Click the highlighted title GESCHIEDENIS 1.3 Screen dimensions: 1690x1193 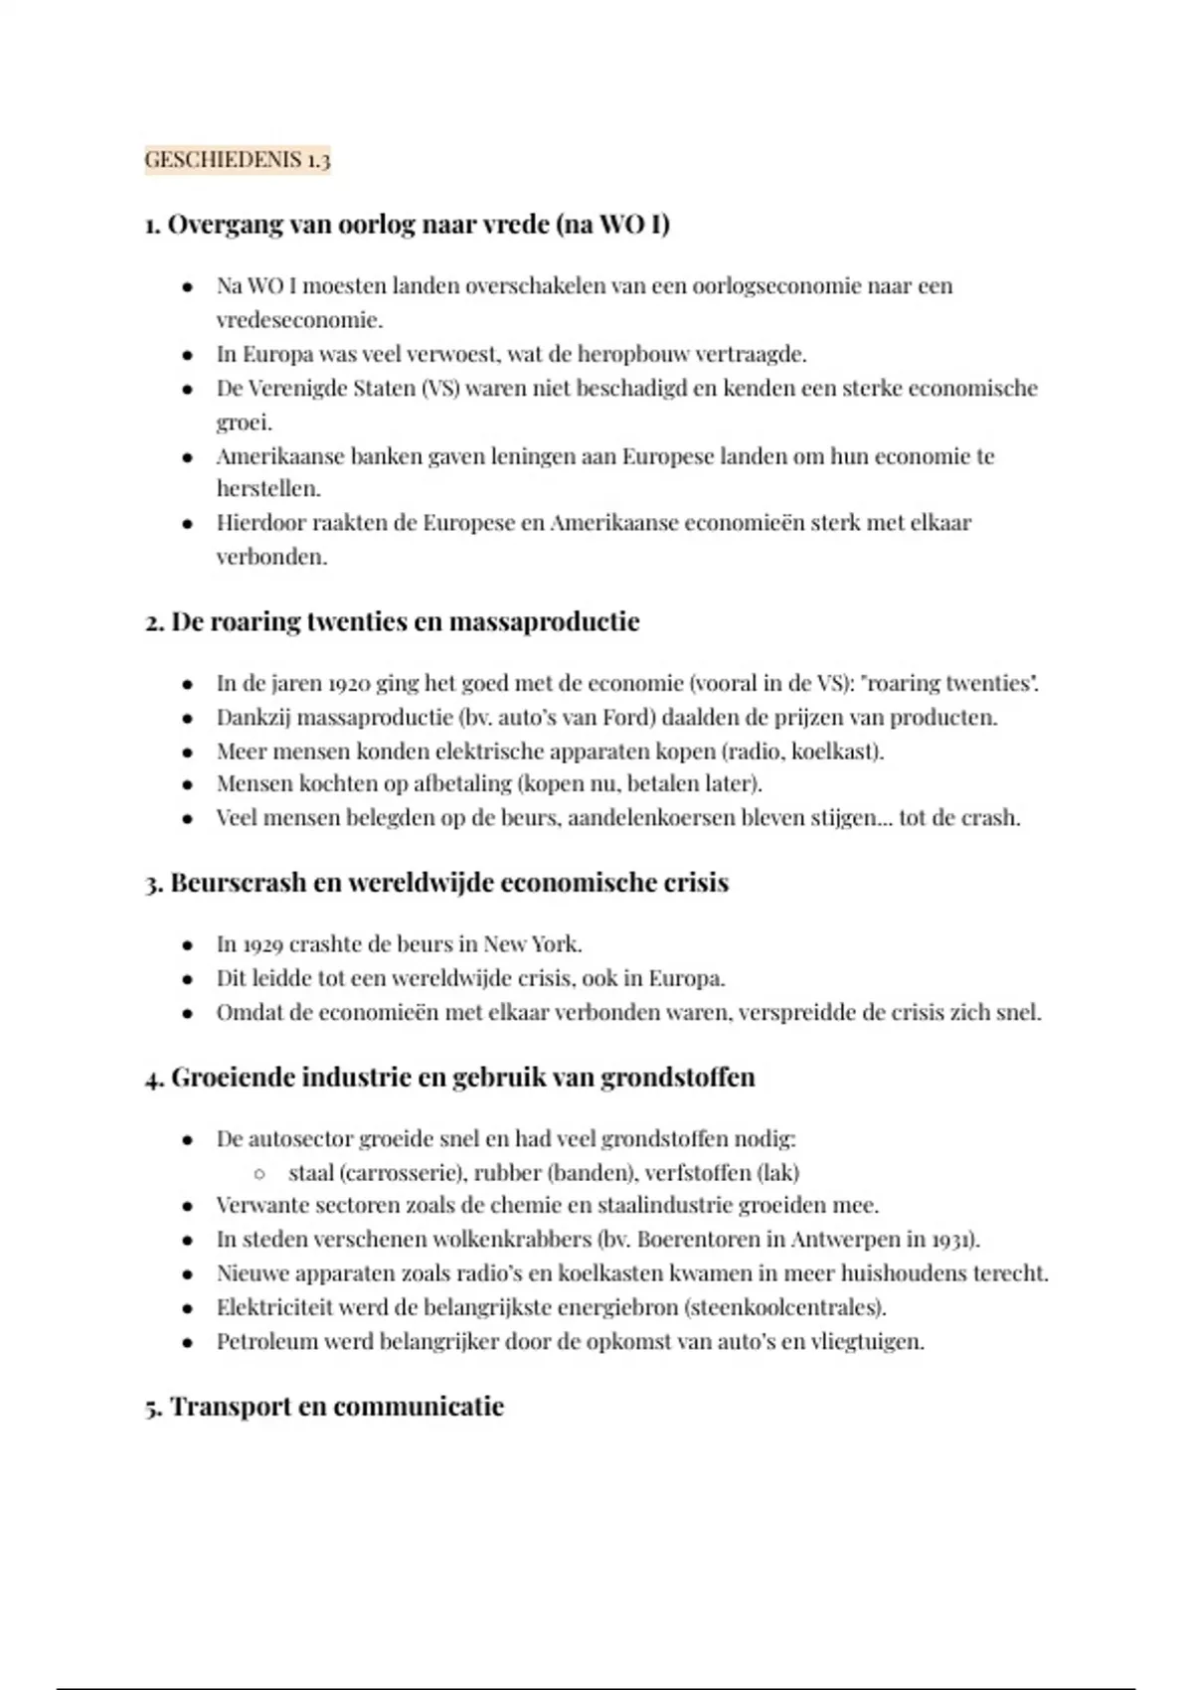tap(238, 160)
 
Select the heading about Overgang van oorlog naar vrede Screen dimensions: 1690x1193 tap(408, 225)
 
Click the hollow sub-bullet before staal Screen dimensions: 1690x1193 tap(259, 1174)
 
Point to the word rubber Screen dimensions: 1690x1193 tap(506, 1173)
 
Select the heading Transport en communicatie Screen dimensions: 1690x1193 tap(325, 1407)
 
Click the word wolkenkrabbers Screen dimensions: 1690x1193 tap(507, 1240)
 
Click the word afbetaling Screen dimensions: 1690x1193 tap(461, 784)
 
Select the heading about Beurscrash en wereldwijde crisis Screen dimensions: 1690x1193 tap(436, 883)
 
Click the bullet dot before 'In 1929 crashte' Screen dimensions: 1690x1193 tap(187, 945)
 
